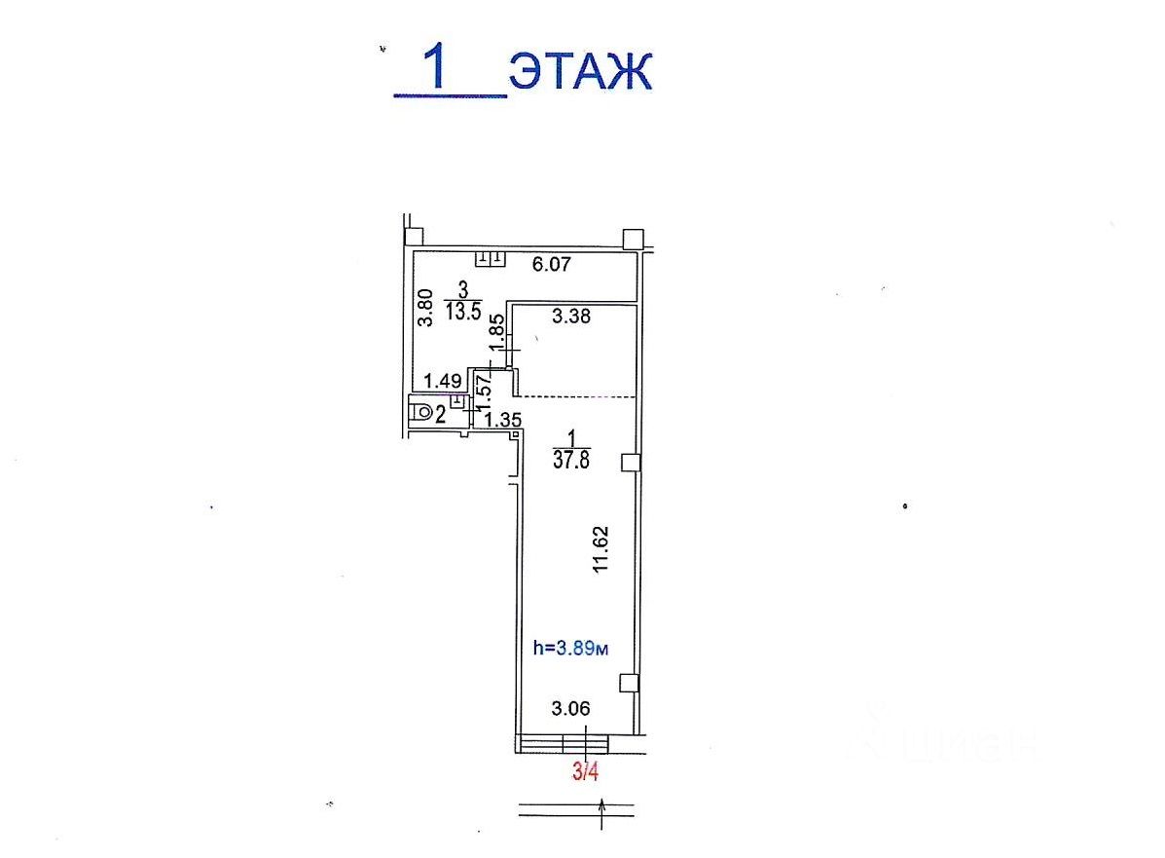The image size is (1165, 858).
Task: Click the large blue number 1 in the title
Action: pyautogui.click(x=433, y=66)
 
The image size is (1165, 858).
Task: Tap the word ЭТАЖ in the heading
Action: pyautogui.click(x=580, y=71)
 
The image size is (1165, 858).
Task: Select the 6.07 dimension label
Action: pyautogui.click(x=551, y=264)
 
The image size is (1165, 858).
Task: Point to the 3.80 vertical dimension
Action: pyautogui.click(x=424, y=308)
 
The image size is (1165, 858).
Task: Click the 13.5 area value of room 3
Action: pyautogui.click(x=463, y=311)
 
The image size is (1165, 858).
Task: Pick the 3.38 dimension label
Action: pyautogui.click(x=570, y=316)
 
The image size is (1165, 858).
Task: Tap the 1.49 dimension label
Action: pyautogui.click(x=443, y=382)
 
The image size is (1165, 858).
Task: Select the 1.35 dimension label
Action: pyautogui.click(x=502, y=420)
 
